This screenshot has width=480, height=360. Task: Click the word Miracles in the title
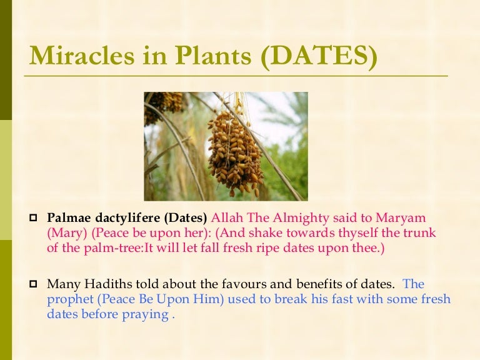[76, 57]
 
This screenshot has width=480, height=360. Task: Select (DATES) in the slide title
[319, 57]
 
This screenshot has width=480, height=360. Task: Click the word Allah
[227, 218]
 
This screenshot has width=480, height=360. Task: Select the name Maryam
[402, 218]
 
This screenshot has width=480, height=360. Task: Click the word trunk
[421, 233]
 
